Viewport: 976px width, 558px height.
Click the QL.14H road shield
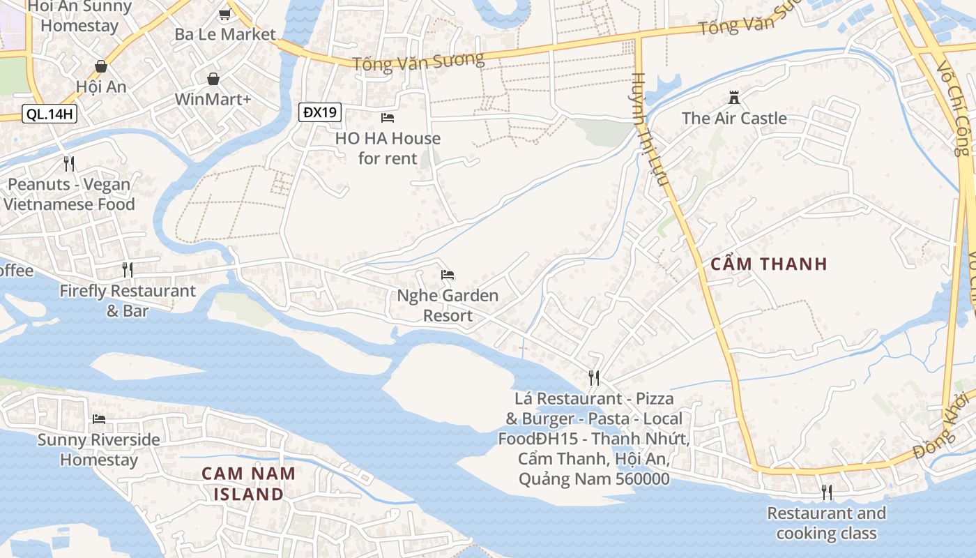point(49,114)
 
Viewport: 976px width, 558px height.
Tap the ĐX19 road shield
point(320,112)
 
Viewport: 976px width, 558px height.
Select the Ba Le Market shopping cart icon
point(224,14)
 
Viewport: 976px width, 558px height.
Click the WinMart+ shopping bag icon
point(213,80)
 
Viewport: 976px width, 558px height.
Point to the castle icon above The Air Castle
point(733,98)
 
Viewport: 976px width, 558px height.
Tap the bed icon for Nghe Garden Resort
point(448,275)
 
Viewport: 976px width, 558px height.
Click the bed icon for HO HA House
point(388,118)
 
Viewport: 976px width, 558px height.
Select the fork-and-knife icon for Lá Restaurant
point(594,378)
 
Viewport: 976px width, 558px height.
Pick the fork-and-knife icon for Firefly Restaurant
point(127,270)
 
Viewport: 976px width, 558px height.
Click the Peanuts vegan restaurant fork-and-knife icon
point(69,164)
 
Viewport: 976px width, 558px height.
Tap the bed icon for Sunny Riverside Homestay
point(99,419)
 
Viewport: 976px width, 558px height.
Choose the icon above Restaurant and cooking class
point(826,492)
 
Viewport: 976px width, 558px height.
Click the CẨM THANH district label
point(769,264)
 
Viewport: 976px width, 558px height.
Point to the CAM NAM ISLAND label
point(249,483)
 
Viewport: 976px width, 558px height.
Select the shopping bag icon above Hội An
point(101,66)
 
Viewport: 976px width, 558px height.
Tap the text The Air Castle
point(734,119)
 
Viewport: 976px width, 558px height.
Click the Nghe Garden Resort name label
point(448,306)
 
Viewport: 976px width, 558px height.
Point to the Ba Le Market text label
point(225,34)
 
